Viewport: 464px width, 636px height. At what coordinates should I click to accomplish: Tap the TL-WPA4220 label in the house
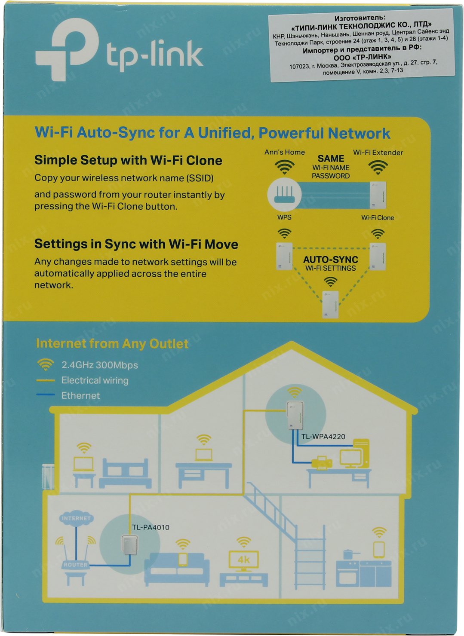pyautogui.click(x=323, y=437)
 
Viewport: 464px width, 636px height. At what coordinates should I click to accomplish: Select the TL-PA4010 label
pyautogui.click(x=151, y=527)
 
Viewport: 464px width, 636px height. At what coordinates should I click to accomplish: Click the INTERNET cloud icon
pyautogui.click(x=76, y=518)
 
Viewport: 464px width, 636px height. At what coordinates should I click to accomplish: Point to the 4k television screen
pyautogui.click(x=243, y=560)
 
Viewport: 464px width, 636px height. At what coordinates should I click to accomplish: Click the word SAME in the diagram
pyautogui.click(x=331, y=159)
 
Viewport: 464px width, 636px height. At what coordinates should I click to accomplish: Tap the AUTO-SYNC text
pyautogui.click(x=330, y=260)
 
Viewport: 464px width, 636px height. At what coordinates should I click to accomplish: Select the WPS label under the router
pyautogui.click(x=284, y=217)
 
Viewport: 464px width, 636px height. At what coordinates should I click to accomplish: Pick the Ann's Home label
pyautogui.click(x=284, y=152)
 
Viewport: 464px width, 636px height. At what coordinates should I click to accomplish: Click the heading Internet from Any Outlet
pyautogui.click(x=112, y=344)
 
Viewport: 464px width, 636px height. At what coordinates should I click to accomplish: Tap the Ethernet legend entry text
pyautogui.click(x=81, y=395)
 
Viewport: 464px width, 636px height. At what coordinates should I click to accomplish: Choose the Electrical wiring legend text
pyautogui.click(x=95, y=380)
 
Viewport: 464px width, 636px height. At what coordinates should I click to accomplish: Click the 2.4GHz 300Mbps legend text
pyautogui.click(x=100, y=365)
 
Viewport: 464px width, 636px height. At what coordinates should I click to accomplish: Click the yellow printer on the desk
pyautogui.click(x=322, y=462)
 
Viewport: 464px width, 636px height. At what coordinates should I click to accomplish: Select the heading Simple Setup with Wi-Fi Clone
pyautogui.click(x=128, y=160)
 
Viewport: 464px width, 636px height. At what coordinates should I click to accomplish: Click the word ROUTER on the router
pyautogui.click(x=76, y=565)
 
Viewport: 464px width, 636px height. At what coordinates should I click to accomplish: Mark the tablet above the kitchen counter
pyautogui.click(x=379, y=549)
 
